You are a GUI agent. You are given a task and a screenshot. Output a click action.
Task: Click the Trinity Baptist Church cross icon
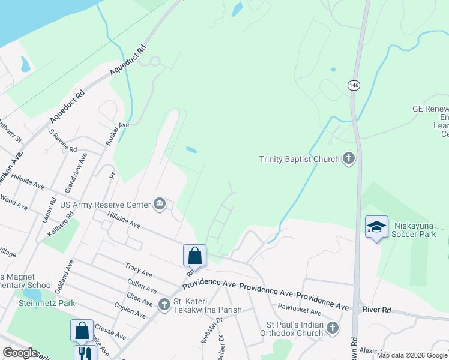click(x=348, y=159)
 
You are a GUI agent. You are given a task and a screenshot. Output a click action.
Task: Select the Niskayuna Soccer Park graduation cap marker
click(x=376, y=227)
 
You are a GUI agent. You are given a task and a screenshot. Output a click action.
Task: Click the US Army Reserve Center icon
click(x=160, y=205)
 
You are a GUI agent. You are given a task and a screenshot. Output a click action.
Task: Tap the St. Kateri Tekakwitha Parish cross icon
click(x=164, y=305)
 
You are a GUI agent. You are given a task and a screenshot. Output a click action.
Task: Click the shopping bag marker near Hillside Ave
click(x=194, y=256)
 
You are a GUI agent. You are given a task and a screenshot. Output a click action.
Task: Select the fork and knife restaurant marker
click(x=85, y=354)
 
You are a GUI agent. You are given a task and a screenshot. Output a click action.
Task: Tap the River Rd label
click(x=377, y=310)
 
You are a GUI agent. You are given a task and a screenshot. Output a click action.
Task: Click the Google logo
click(x=20, y=353)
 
